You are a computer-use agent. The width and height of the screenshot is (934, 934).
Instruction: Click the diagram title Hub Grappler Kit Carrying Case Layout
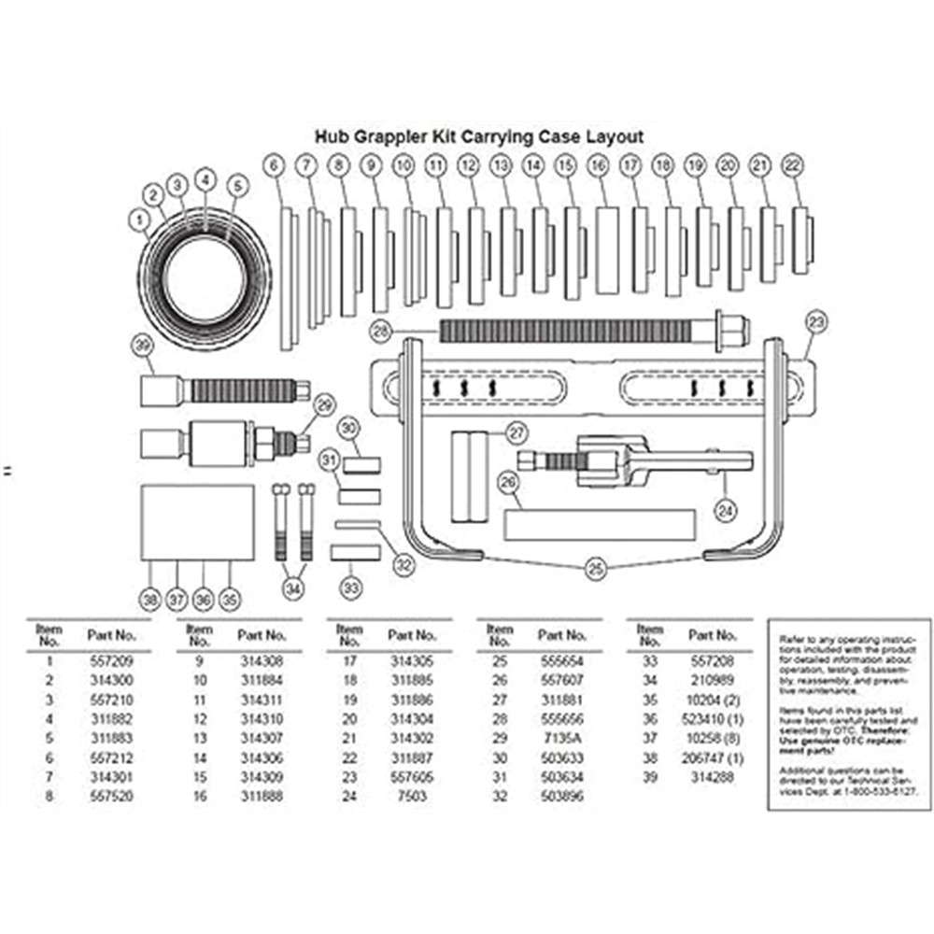pyautogui.click(x=478, y=136)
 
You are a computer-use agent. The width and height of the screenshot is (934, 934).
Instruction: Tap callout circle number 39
pyautogui.click(x=142, y=347)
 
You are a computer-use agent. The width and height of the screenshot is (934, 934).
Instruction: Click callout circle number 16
pyautogui.click(x=598, y=164)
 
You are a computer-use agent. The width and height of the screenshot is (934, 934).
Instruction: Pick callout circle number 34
pyautogui.click(x=293, y=589)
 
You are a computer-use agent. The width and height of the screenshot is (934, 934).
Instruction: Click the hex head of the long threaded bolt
pyautogui.click(x=732, y=328)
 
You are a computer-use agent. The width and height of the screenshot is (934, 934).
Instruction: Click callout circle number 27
pyautogui.click(x=517, y=432)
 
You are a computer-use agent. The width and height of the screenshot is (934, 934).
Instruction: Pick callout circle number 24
pyautogui.click(x=726, y=510)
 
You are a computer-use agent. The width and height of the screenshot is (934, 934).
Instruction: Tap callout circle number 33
pyautogui.click(x=349, y=589)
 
